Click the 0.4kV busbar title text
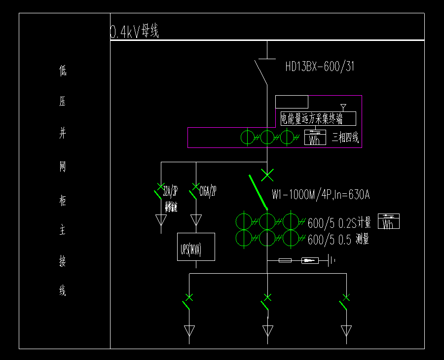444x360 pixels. (x=134, y=32)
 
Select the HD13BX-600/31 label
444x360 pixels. (x=320, y=67)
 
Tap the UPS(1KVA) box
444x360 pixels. (x=196, y=247)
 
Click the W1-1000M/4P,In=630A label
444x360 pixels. (x=321, y=195)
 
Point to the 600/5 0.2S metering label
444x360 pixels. (x=339, y=223)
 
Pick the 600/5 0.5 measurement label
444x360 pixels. (x=338, y=240)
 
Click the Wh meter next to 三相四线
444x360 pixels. (x=315, y=138)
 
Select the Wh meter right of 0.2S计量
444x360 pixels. (x=389, y=221)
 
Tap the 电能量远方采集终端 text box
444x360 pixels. (x=318, y=118)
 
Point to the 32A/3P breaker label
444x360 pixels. (x=170, y=192)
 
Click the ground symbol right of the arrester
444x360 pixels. (x=333, y=260)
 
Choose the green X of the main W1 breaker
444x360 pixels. (x=267, y=174)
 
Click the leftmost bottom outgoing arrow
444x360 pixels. (x=189, y=330)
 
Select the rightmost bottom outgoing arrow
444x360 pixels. (x=346, y=330)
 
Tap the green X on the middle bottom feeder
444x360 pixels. (x=267, y=297)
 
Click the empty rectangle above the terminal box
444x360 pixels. (x=292, y=102)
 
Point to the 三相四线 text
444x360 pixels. (x=345, y=138)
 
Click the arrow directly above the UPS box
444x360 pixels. (x=196, y=219)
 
